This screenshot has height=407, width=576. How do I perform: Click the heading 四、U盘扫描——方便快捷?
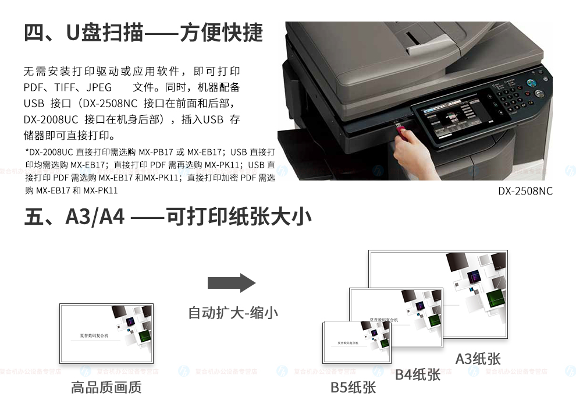click(143, 33)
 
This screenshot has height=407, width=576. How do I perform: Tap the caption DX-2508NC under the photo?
click(525, 191)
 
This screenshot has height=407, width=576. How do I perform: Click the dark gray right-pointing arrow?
click(232, 283)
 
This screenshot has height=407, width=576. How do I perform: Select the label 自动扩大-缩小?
click(233, 313)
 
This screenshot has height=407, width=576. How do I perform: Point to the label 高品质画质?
click(106, 387)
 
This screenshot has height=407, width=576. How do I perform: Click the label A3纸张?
click(478, 358)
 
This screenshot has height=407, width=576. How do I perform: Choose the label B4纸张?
click(418, 374)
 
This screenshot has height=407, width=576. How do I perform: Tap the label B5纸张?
click(353, 387)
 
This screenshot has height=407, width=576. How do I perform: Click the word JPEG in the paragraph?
click(99, 88)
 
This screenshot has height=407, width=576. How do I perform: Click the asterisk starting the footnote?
click(27, 151)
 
